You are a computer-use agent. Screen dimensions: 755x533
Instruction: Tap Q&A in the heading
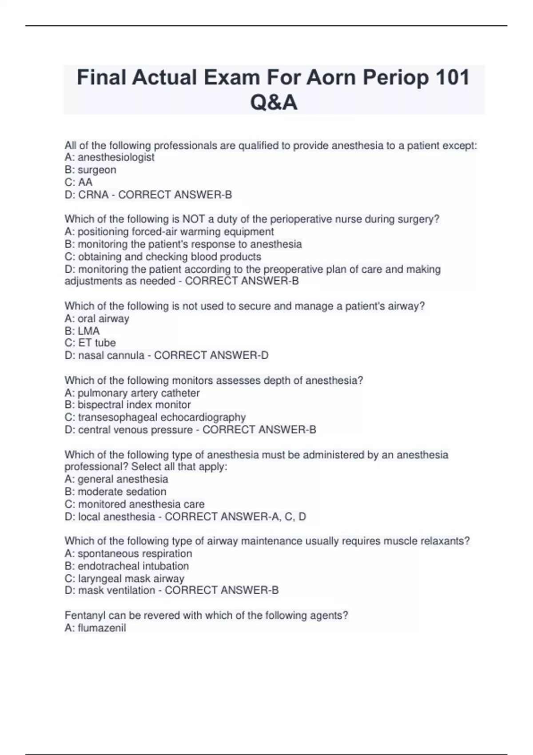[274, 103]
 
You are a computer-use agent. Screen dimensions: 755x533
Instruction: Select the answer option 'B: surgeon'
[90, 170]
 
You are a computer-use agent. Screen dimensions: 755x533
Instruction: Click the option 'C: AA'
[79, 182]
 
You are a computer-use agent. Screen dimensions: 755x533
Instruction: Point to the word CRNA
[93, 195]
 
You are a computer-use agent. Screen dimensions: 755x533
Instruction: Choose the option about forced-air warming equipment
[169, 231]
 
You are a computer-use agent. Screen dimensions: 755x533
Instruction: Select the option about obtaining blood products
[163, 257]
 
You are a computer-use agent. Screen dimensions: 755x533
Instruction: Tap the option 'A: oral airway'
[97, 318]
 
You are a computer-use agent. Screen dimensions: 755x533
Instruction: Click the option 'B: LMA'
[82, 331]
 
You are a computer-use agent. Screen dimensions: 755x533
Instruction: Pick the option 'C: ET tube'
[90, 343]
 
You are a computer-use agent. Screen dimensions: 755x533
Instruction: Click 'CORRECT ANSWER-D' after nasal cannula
[211, 355]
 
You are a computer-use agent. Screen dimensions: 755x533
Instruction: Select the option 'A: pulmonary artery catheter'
[132, 393]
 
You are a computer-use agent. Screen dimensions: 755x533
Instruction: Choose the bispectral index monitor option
[127, 405]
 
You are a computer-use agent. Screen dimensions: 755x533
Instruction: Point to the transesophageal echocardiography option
[155, 417]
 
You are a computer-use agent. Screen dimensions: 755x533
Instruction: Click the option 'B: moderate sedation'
[115, 492]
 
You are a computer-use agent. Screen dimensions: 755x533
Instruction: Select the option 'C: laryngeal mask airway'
[124, 579]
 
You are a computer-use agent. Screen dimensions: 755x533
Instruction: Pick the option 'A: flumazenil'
[95, 628]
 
